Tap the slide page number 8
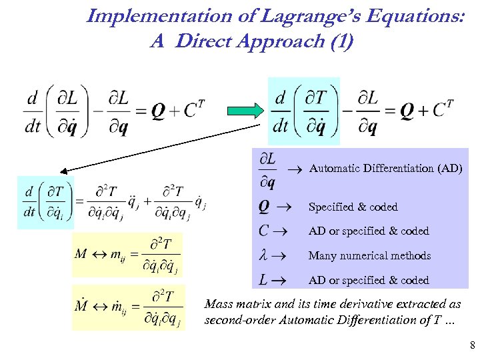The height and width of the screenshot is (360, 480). (x=472, y=345)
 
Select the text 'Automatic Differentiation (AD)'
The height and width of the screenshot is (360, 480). (x=386, y=168)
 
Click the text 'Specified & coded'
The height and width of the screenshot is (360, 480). (x=353, y=207)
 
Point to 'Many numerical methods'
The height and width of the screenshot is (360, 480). (x=369, y=255)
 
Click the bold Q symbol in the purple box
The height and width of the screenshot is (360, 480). (x=264, y=207)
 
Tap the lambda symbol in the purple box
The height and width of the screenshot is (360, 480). (x=263, y=255)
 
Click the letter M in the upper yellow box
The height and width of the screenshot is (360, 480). (x=81, y=253)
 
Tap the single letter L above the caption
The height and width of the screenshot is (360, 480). (x=264, y=280)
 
